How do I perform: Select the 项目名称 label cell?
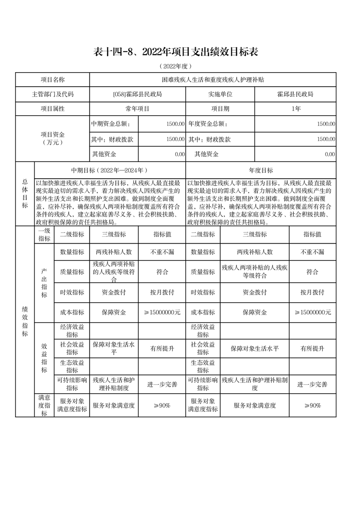(x=53, y=79)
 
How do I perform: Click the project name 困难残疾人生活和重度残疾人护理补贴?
(x=213, y=79)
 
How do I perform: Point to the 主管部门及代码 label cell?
(x=53, y=94)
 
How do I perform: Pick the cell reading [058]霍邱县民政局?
(x=138, y=94)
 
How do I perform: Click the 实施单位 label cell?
(x=220, y=94)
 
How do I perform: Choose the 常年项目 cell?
(x=138, y=109)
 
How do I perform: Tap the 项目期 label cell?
(x=220, y=109)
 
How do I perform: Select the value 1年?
(x=296, y=109)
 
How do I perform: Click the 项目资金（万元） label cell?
(x=53, y=138)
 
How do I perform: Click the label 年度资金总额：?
(x=207, y=124)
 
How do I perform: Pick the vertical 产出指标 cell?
(x=44, y=284)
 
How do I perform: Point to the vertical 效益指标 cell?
(x=44, y=357)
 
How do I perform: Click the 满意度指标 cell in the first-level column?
(x=44, y=405)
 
